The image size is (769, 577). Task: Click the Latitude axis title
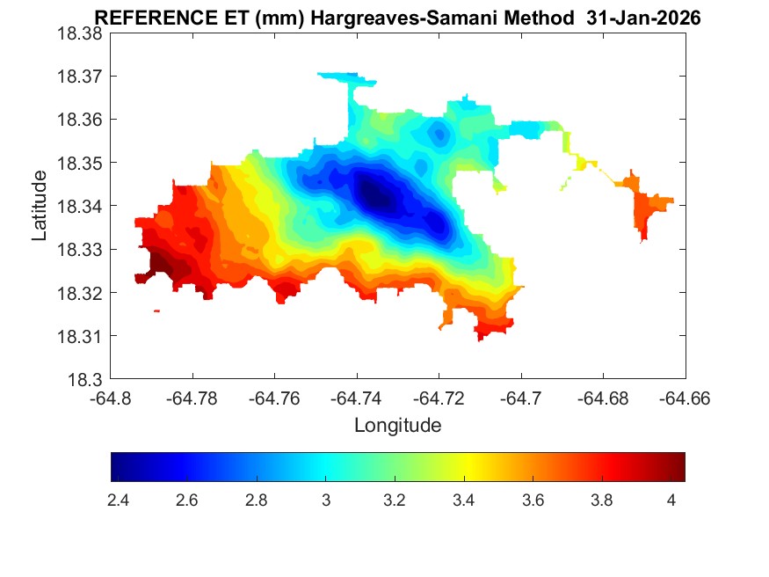pos(40,207)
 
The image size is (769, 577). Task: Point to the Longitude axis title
pos(397,426)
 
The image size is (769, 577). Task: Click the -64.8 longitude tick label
pos(111,398)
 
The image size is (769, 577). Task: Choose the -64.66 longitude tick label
pos(685,398)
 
